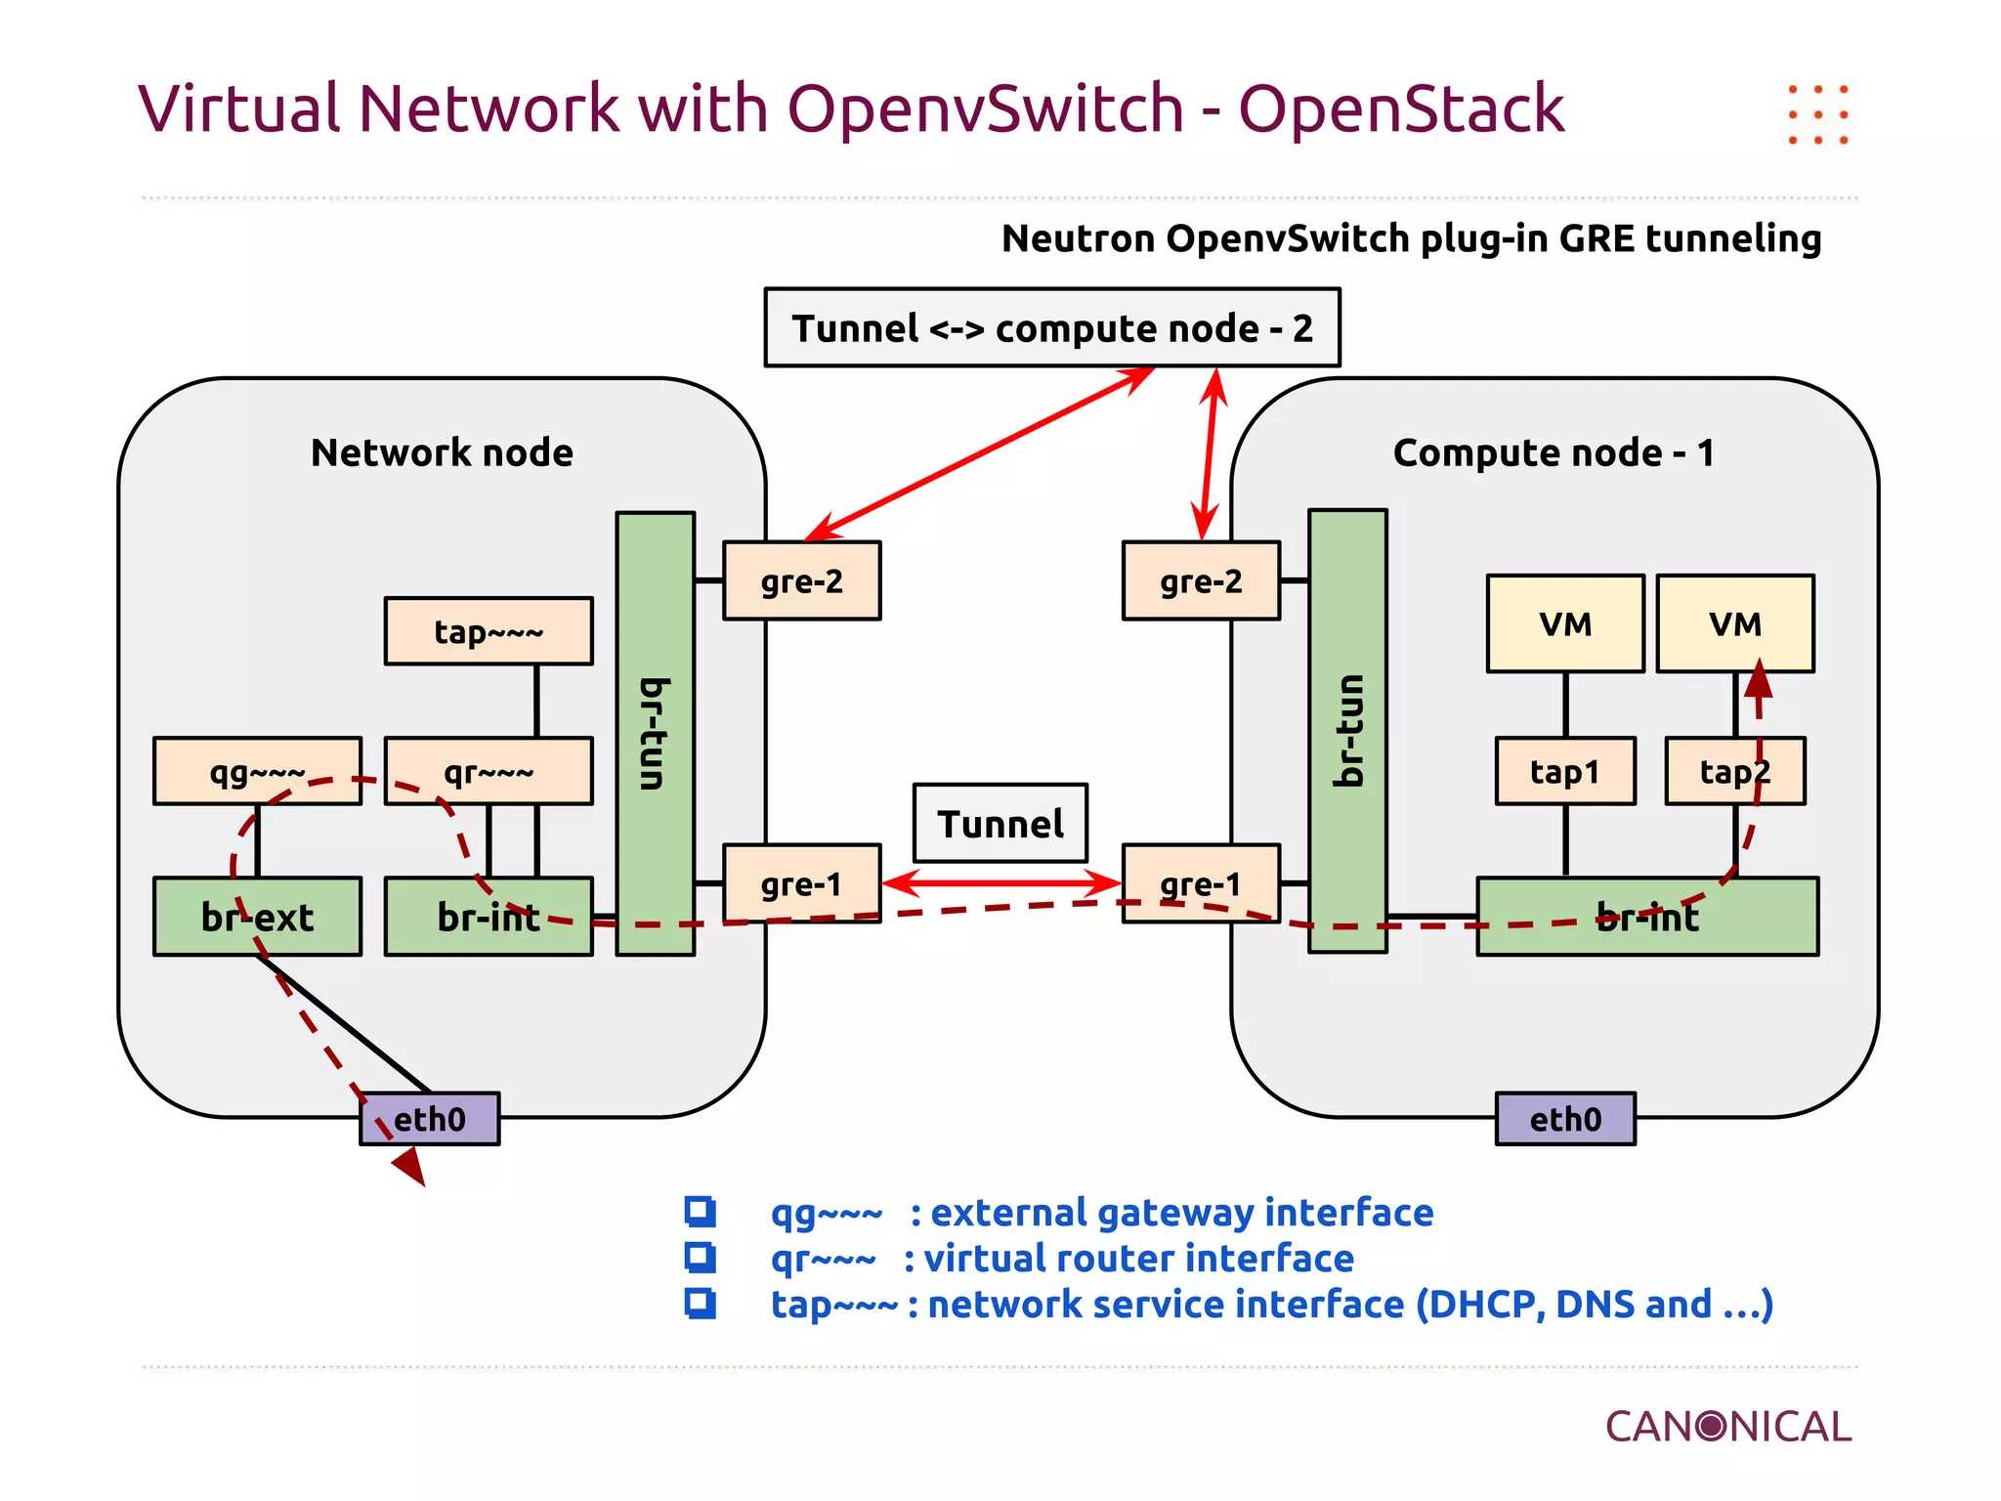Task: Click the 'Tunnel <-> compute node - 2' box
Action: [1052, 327]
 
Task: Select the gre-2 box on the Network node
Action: [801, 580]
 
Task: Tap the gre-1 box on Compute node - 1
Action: [1201, 883]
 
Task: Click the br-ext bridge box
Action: [257, 917]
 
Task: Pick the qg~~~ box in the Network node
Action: [257, 771]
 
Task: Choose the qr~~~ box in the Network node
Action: [489, 771]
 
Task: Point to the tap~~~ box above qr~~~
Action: [489, 631]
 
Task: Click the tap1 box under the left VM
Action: [1565, 771]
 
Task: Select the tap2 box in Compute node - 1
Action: [1735, 771]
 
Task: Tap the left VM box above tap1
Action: [1565, 623]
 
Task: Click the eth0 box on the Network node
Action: [430, 1119]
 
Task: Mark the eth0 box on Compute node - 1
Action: [1565, 1119]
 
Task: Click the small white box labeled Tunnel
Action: [1000, 823]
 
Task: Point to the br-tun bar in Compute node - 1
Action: [1347, 730]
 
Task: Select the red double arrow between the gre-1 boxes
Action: [1001, 883]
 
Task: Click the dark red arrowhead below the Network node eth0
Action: [410, 1165]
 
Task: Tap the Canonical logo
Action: [1727, 1427]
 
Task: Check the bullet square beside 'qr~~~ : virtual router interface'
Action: [700, 1258]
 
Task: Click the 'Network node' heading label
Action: [442, 452]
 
